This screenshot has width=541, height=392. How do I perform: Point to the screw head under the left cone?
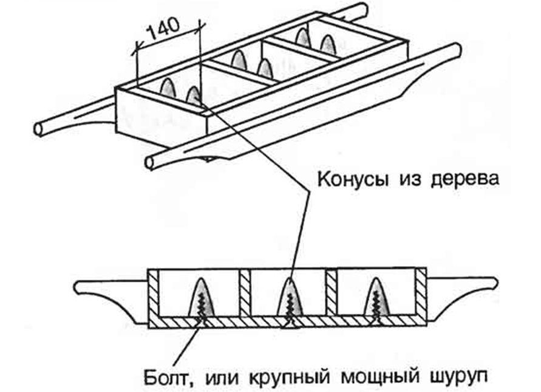point(200,322)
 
